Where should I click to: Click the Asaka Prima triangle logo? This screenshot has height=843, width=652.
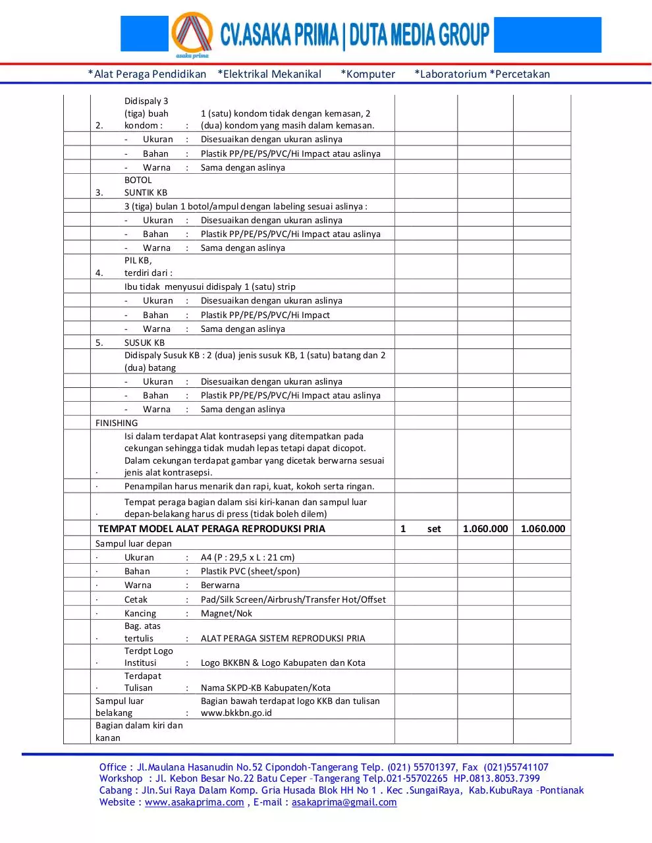tap(192, 34)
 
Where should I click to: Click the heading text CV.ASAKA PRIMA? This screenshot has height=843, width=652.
tap(279, 35)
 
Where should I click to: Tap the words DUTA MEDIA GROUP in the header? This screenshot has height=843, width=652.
tap(419, 35)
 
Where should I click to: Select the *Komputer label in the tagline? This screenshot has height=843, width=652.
tap(367, 74)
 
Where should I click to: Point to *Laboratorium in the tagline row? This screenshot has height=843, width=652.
tap(450, 74)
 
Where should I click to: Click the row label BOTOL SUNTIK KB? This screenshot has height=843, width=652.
tap(146, 186)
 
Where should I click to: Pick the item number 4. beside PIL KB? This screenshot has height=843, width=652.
tap(99, 273)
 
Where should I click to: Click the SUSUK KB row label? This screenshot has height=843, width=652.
tap(144, 342)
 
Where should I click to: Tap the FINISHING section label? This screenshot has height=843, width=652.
tap(117, 423)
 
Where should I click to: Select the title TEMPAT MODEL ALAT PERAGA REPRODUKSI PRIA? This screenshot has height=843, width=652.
tap(211, 528)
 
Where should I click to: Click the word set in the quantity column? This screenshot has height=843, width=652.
tap(433, 528)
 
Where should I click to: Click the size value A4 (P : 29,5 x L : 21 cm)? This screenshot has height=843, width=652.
tap(248, 557)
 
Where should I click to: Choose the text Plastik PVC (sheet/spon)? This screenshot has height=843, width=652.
tap(250, 571)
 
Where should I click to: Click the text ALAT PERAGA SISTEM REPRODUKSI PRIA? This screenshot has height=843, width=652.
tap(283, 638)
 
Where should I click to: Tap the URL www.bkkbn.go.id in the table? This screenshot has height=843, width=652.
tap(236, 713)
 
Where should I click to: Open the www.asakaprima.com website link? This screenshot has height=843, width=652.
tap(194, 802)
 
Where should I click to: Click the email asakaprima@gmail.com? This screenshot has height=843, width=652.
tap(344, 802)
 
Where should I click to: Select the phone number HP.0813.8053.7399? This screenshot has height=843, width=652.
tap(497, 778)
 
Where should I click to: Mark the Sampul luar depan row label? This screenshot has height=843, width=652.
tap(134, 543)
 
